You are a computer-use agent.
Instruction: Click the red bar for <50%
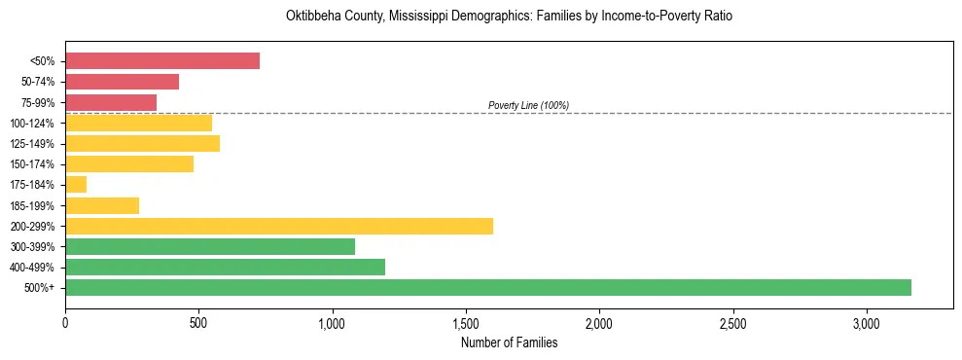(x=162, y=60)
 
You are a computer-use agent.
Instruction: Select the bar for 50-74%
(x=123, y=82)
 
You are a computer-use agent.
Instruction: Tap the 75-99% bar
(x=111, y=102)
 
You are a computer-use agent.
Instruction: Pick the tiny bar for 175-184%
(x=76, y=184)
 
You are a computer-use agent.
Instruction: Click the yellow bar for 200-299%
(x=279, y=226)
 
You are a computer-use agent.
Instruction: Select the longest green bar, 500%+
(x=488, y=287)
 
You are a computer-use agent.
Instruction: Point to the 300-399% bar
(x=210, y=246)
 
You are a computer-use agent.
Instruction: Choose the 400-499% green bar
(x=226, y=267)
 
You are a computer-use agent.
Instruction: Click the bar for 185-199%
(x=102, y=205)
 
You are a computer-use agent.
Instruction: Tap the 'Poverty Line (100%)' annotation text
(x=528, y=105)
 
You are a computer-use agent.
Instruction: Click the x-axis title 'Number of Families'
(x=509, y=342)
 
